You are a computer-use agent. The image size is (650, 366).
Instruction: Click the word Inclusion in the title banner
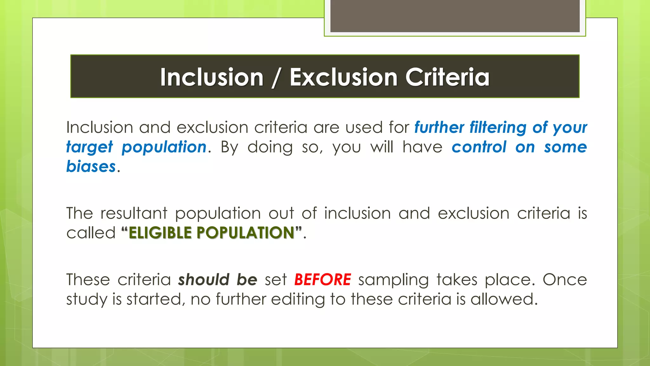[212, 77]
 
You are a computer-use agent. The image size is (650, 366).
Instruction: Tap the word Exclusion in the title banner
[343, 77]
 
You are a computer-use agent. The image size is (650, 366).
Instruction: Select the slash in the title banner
[276, 78]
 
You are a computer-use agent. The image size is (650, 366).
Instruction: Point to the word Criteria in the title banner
[447, 77]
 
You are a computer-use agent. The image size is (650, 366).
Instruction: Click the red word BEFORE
[322, 280]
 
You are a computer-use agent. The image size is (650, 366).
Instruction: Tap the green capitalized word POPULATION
[246, 233]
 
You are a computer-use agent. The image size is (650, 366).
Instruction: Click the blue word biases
[91, 167]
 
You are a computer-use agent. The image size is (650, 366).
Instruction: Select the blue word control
[479, 147]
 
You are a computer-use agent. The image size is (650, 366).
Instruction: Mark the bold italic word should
[203, 280]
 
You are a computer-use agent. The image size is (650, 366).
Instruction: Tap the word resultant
[134, 213]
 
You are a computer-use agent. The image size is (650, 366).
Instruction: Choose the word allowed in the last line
[504, 299]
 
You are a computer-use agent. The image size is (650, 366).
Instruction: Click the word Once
[565, 280]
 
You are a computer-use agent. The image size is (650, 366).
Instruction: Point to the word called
[91, 233]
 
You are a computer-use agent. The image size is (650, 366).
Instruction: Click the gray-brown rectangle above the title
[455, 16]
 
